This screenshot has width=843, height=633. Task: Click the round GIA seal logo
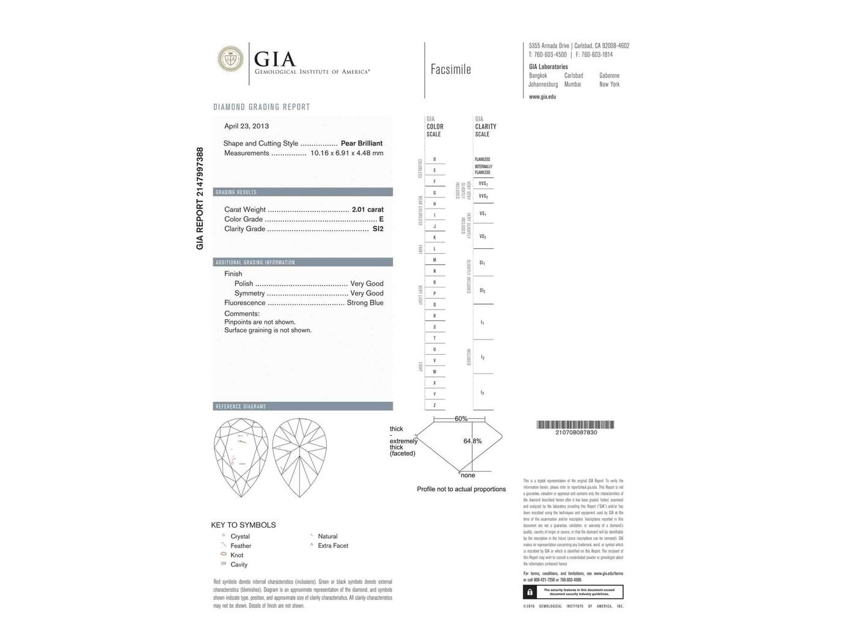(x=230, y=59)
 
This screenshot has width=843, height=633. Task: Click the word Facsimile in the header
(x=450, y=69)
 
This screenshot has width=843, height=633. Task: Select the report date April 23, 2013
(x=246, y=126)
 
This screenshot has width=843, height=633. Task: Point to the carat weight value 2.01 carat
(x=368, y=209)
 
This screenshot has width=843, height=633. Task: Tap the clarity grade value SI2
(x=378, y=229)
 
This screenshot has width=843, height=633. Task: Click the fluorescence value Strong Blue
(x=365, y=303)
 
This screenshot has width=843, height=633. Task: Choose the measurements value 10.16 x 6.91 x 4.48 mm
(x=347, y=153)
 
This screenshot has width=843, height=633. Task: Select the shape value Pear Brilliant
(x=362, y=143)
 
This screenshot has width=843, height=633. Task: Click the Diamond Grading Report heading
(x=261, y=107)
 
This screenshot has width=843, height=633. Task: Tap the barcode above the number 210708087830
(x=575, y=424)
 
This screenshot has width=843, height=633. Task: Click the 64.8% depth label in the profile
(x=472, y=441)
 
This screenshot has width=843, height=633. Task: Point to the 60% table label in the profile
(x=461, y=419)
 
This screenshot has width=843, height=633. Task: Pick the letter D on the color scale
(x=434, y=159)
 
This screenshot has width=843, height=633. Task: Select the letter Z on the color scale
(x=434, y=405)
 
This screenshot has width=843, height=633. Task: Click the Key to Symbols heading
(x=243, y=525)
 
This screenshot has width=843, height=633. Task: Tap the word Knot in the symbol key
(x=237, y=555)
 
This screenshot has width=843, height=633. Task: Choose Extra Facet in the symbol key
(x=333, y=546)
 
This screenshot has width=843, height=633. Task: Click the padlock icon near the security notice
(x=530, y=592)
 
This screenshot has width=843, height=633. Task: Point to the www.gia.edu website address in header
(x=542, y=97)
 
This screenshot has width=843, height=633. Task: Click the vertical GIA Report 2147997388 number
(x=200, y=198)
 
